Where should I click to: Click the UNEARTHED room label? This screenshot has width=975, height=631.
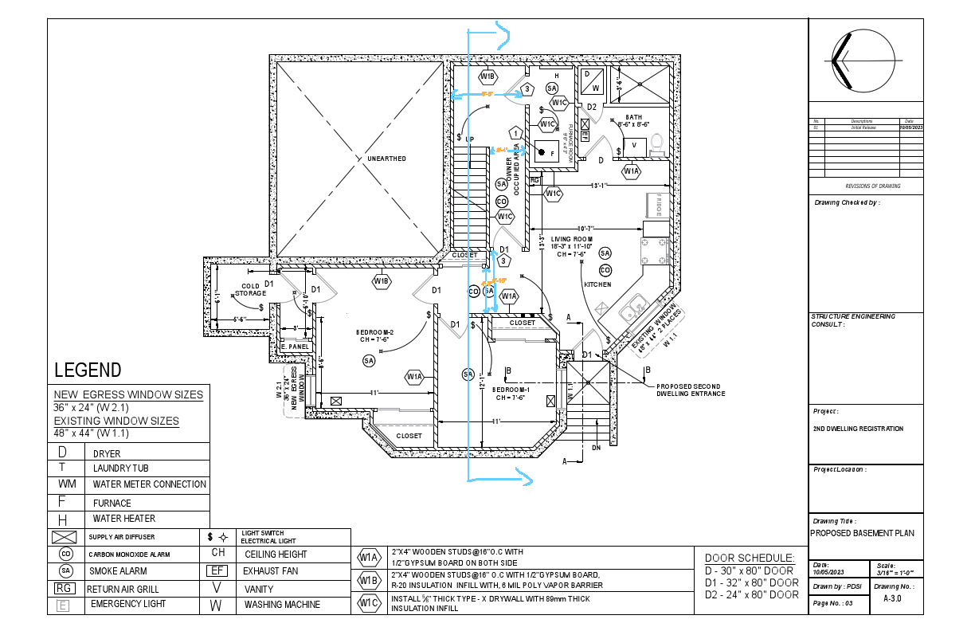(x=386, y=159)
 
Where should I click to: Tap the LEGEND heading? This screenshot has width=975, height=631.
(x=88, y=370)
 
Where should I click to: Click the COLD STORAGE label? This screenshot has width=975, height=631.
(x=251, y=289)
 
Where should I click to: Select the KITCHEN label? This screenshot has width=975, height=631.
(x=597, y=284)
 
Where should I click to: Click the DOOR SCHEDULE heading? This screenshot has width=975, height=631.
(x=750, y=558)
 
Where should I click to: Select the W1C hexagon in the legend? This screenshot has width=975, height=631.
(x=369, y=604)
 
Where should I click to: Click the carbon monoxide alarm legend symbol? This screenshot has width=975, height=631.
(x=66, y=554)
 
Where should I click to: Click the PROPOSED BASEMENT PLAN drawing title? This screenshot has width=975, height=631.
(x=862, y=534)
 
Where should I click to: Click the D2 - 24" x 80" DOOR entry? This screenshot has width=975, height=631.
(x=752, y=594)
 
